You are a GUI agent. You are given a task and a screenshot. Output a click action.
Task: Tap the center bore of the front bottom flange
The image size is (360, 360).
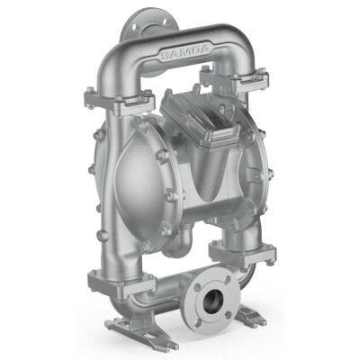coord(212,300)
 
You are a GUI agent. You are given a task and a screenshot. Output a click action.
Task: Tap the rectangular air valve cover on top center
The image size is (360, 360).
coord(200,118)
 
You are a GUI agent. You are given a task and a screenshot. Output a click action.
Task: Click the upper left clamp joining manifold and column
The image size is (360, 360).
coord(120,101)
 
